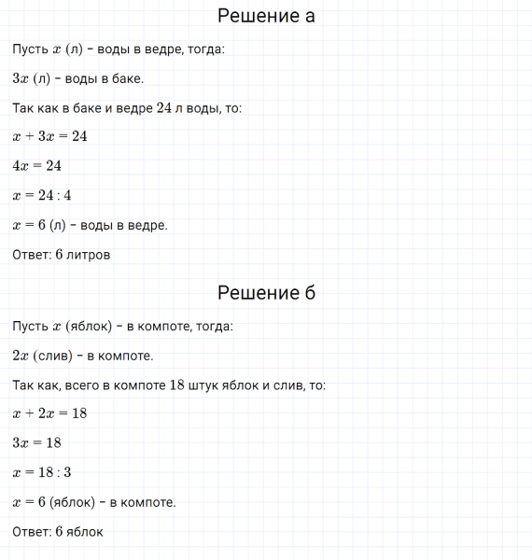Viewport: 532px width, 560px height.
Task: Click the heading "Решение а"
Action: point(266,16)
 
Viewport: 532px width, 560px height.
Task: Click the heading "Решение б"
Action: point(266,293)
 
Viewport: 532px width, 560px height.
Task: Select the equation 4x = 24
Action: point(37,166)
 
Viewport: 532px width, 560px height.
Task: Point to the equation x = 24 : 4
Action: point(42,196)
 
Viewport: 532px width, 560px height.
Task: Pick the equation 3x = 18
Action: point(37,442)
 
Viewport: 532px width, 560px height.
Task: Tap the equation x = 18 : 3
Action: point(42,472)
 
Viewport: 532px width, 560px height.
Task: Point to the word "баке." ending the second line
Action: point(127,78)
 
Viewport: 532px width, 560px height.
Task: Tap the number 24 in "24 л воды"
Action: point(165,108)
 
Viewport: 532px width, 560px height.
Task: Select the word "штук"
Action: point(203,385)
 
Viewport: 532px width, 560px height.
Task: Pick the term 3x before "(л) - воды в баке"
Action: point(21,78)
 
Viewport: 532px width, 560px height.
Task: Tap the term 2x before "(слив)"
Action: point(21,356)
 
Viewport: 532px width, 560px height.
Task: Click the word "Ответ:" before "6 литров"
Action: point(32,254)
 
